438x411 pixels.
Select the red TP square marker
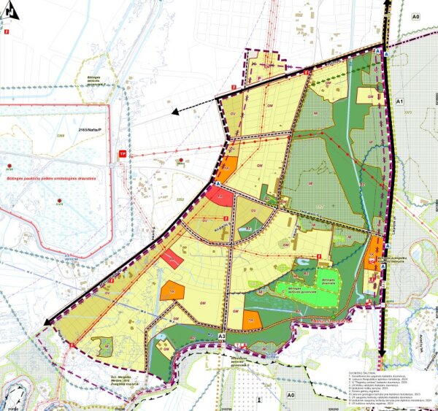[122, 154]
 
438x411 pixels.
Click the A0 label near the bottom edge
[290, 394]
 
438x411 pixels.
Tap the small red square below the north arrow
[7, 31]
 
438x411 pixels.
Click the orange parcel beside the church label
[376, 248]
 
